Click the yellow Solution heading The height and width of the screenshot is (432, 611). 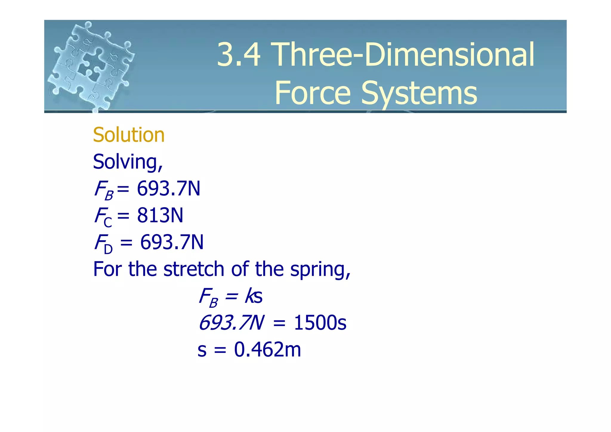pos(129,135)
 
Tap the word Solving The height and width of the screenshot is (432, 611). pos(127,162)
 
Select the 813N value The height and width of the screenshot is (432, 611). pos(160,215)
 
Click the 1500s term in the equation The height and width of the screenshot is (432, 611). pos(320,323)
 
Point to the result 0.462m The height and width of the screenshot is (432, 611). pos(267,350)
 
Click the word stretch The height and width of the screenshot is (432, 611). pos(194,269)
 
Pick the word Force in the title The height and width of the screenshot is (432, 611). pos(312,93)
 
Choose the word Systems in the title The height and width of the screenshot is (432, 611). pos(419,93)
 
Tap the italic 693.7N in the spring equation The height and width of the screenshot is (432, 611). pos(231,323)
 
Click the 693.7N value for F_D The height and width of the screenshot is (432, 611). pos(172,242)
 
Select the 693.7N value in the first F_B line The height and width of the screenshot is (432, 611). pos(169,189)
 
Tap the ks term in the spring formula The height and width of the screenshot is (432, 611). pos(254,296)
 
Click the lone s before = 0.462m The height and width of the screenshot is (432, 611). pos(202,350)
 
